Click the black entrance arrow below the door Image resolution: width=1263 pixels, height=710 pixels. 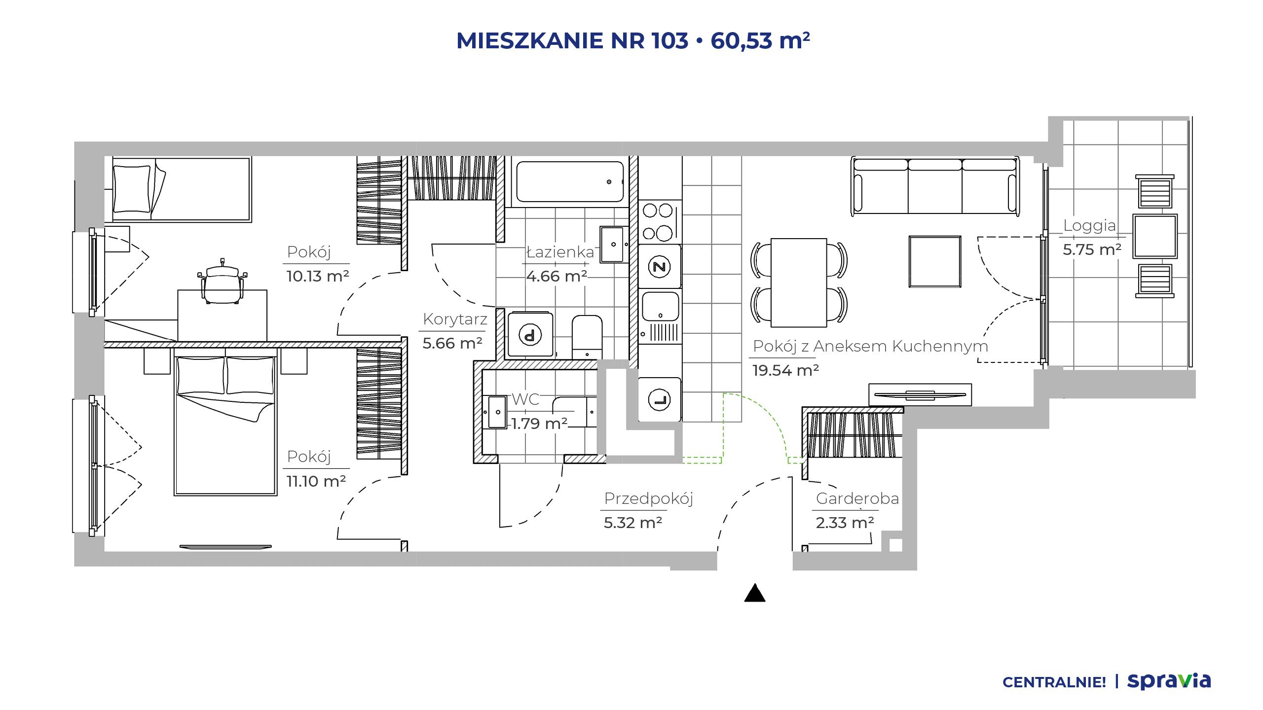[755, 593]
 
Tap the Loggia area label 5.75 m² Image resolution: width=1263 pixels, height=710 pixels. [1092, 249]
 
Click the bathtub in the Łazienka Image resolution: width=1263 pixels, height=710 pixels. [570, 181]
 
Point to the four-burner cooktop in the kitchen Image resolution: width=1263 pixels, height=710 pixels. [659, 222]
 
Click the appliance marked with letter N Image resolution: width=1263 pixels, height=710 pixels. [659, 267]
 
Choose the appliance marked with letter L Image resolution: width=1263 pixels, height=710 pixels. [660, 399]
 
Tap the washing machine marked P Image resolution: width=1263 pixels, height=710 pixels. [530, 334]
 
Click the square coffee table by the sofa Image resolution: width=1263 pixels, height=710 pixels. [935, 261]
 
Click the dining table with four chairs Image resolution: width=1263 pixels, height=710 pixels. [799, 283]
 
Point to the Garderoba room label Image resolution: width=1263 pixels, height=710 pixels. [857, 498]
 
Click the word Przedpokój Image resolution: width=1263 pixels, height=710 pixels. [648, 498]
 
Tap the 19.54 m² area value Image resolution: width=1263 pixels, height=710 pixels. [785, 370]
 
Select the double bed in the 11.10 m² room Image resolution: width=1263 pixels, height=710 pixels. [225, 426]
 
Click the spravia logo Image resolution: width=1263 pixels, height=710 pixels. [1169, 681]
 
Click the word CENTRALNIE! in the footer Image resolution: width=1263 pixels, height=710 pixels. [1054, 682]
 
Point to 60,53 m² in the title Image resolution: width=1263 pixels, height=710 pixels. [760, 40]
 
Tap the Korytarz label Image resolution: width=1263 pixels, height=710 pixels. [455, 319]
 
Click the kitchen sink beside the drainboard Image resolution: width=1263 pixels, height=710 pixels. [660, 305]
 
